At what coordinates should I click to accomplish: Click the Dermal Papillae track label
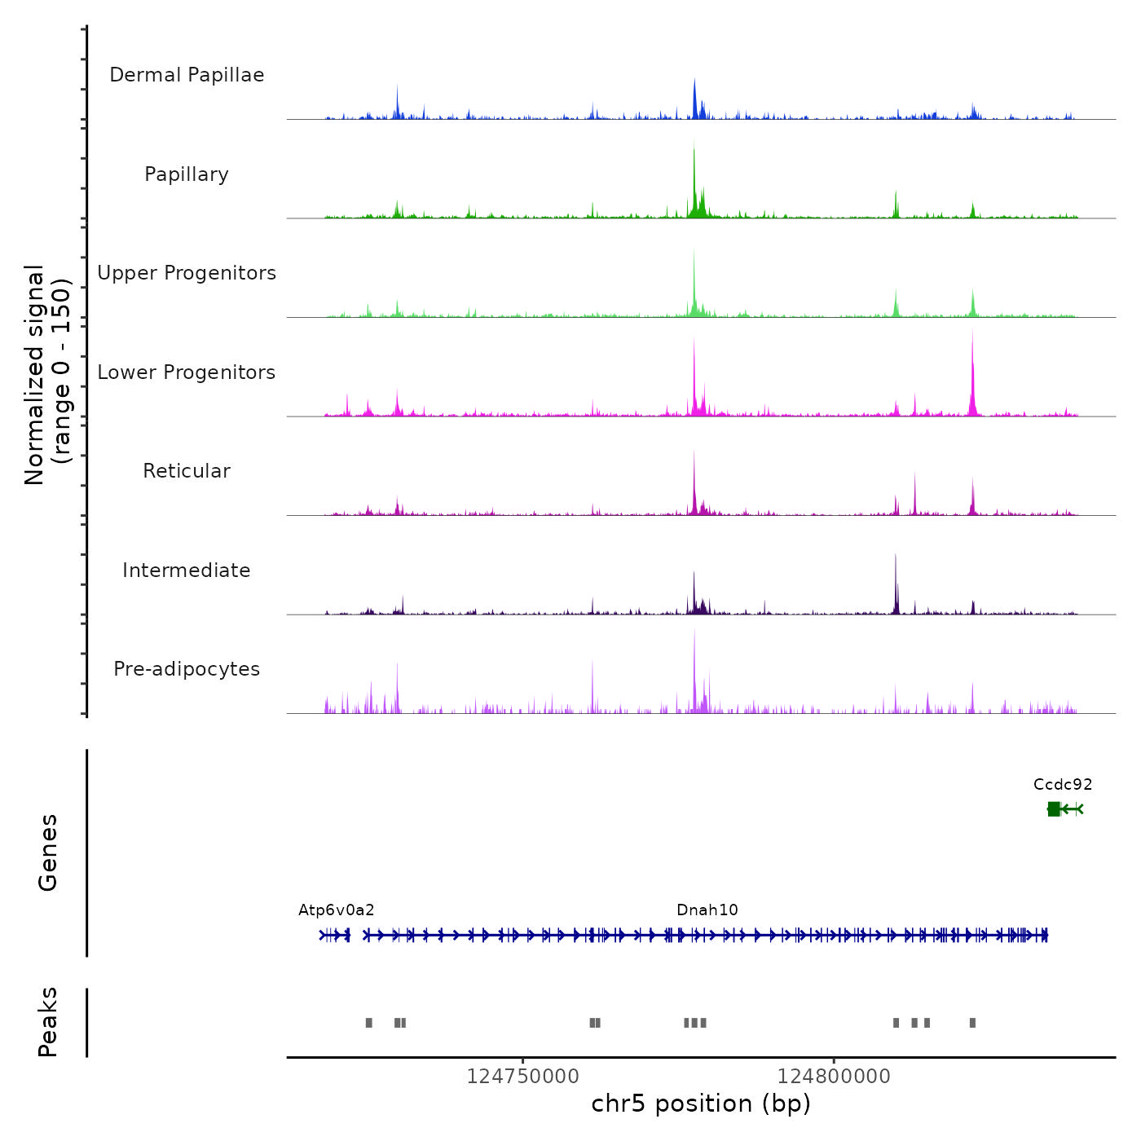187,75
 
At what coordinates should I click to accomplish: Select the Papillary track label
187,174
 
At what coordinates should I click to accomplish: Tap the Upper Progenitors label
187,273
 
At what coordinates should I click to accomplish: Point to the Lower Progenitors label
187,372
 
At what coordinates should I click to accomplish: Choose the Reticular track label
187,471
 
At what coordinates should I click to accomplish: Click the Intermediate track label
187,570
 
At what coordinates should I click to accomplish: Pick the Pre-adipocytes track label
187,669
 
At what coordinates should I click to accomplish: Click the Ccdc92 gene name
1063,785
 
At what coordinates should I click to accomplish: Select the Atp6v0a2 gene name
337,910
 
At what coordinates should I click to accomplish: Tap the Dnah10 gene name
707,910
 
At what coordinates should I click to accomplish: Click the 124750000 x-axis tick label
522,1077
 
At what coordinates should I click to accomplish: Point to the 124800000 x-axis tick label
834,1077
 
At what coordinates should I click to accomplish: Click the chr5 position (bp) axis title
701,1104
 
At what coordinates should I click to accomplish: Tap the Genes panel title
48,852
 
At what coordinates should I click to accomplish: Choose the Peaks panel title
48,1022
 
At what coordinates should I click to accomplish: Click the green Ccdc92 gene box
1054,808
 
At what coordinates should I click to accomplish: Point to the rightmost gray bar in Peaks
972,1023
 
